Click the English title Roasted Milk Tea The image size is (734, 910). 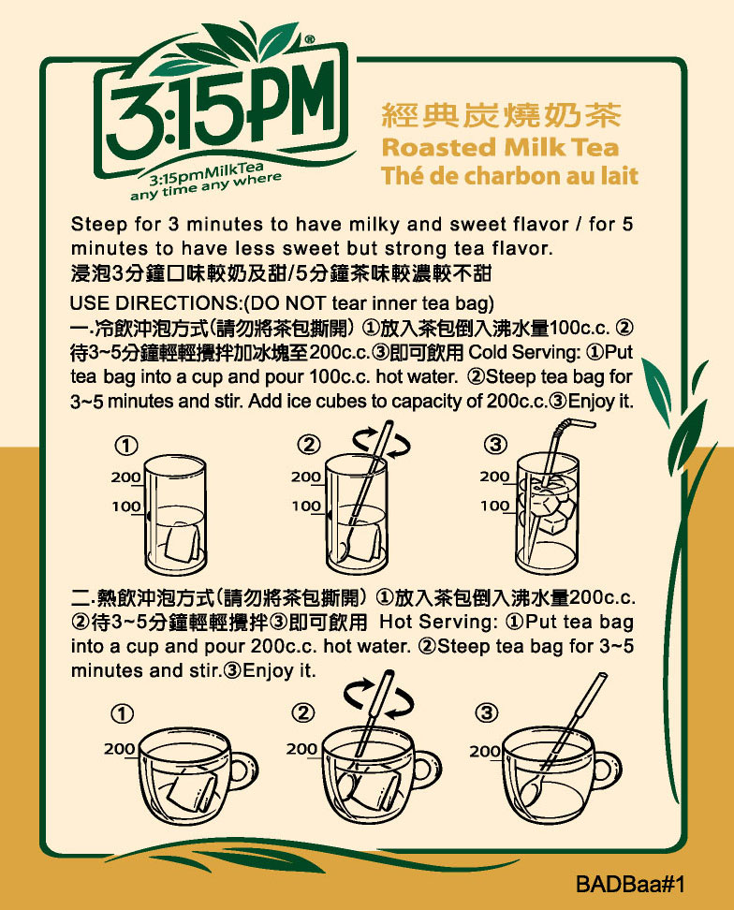point(500,147)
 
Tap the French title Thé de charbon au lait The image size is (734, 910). point(509,175)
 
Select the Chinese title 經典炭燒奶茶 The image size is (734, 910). point(501,115)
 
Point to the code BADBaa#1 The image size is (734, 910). point(630,884)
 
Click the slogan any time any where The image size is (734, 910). point(206,186)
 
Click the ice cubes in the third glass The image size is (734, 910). point(550,504)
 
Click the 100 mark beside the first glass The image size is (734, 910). point(125,506)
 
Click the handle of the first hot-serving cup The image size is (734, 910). point(242,771)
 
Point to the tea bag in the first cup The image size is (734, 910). point(192,788)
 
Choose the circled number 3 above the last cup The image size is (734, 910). point(486,712)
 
